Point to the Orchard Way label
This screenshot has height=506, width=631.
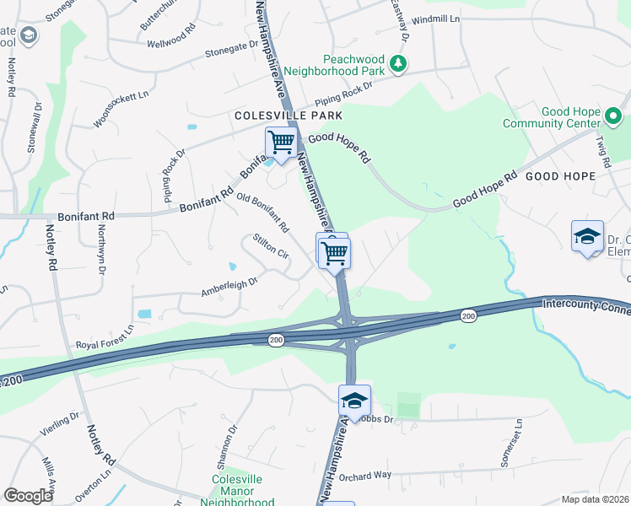point(368,475)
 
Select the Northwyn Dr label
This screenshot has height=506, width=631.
point(101,241)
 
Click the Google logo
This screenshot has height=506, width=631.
point(28,495)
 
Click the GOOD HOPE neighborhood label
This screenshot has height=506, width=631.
point(561,176)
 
